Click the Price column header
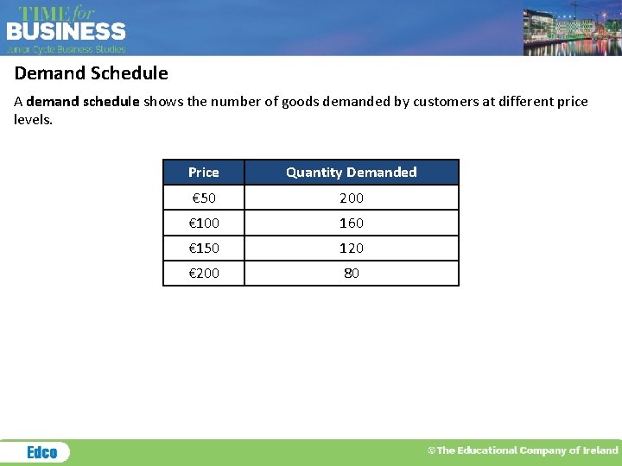point(204,173)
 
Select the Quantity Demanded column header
point(352,173)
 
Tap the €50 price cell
point(204,198)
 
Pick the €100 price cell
point(204,223)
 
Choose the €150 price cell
point(204,248)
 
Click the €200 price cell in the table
point(204,273)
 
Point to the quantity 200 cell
point(352,198)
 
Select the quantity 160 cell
point(352,223)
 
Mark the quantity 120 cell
point(352,248)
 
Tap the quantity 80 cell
point(352,273)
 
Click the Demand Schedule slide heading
point(91,73)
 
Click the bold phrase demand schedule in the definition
point(83,102)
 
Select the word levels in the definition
point(33,119)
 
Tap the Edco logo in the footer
point(41,452)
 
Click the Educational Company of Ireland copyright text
point(524,450)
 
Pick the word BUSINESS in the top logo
point(67,32)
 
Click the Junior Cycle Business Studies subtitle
point(67,49)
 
